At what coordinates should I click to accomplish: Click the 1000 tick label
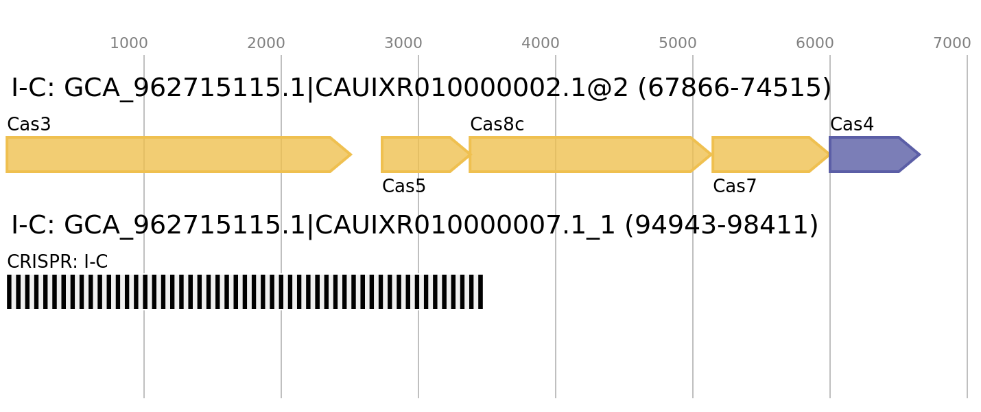pyautogui.click(x=128, y=43)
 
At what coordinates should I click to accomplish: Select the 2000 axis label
pyautogui.click(x=265, y=43)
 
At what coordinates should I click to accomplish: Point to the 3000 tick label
pyautogui.click(x=403, y=43)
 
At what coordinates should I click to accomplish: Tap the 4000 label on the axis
pyautogui.click(x=540, y=43)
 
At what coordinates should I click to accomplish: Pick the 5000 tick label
pyautogui.click(x=677, y=43)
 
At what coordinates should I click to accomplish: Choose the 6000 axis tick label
pyautogui.click(x=814, y=43)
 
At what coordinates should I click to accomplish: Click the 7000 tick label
pyautogui.click(x=952, y=43)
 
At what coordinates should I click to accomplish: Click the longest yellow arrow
pyautogui.click(x=172, y=154)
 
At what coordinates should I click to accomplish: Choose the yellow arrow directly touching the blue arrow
pyautogui.click(x=765, y=154)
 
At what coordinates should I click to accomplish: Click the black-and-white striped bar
pyautogui.click(x=244, y=292)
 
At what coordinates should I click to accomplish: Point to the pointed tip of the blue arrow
pyautogui.click(x=920, y=154)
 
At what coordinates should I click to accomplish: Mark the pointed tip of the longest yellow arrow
pyautogui.click(x=351, y=154)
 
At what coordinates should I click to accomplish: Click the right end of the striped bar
pyautogui.click(x=482, y=292)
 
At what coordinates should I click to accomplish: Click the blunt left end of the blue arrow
pyautogui.click(x=831, y=154)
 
